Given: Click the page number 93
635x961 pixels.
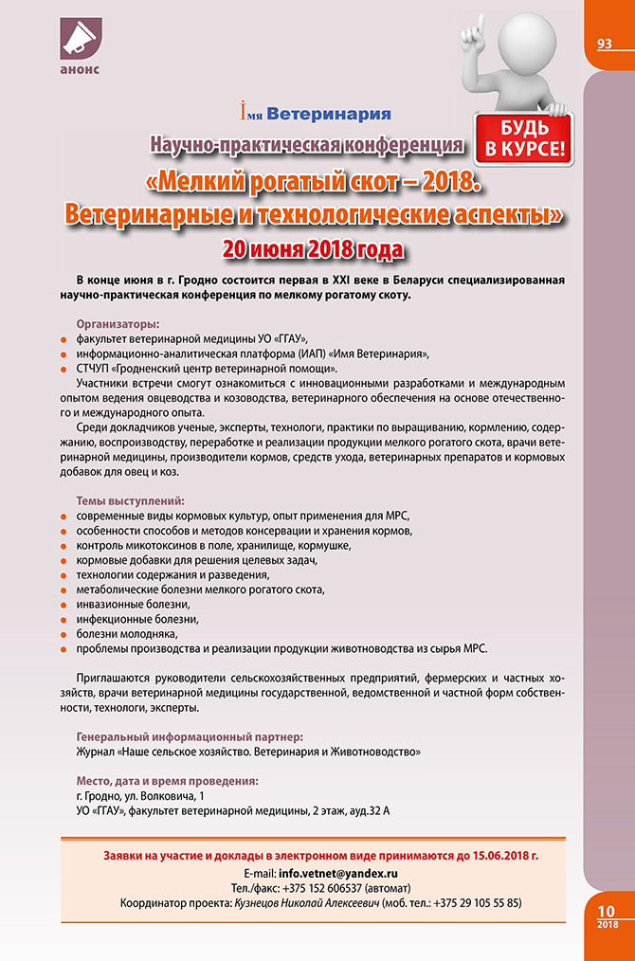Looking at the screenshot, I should [x=605, y=44].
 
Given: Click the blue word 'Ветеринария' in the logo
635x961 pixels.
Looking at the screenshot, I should [x=329, y=115].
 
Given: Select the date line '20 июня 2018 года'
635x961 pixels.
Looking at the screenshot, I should [x=313, y=249].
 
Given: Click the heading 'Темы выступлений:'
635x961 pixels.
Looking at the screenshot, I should [x=130, y=499].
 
